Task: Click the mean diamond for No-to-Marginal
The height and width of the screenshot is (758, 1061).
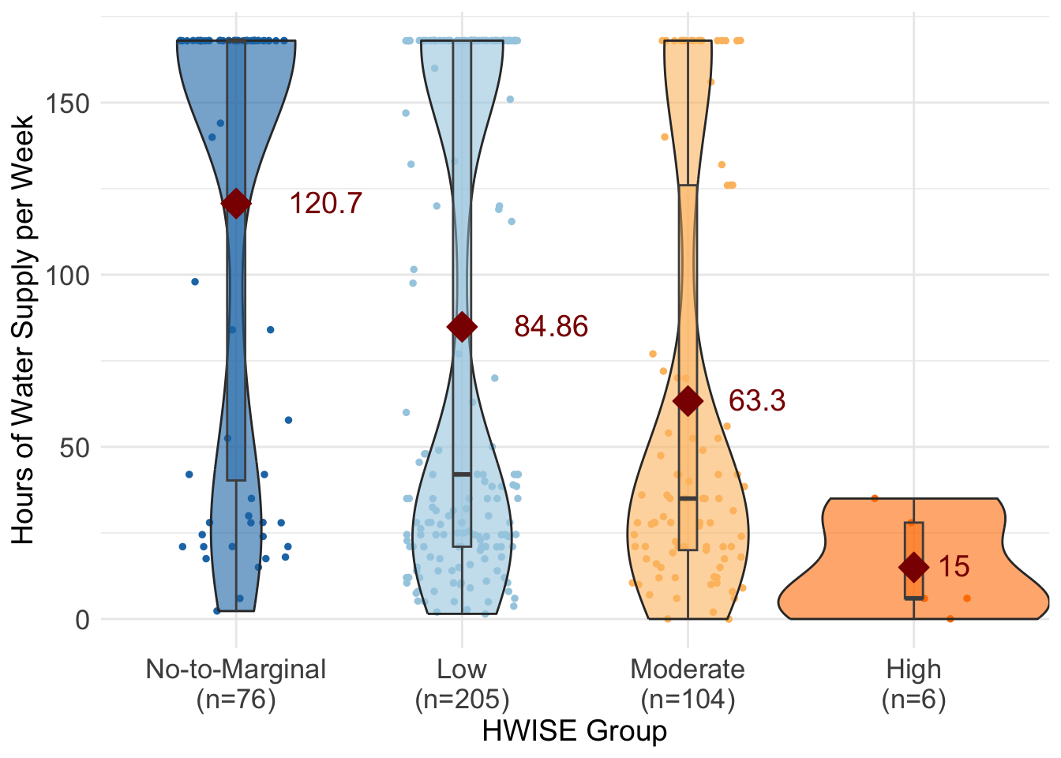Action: [235, 203]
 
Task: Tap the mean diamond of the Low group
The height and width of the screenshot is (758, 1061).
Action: [462, 327]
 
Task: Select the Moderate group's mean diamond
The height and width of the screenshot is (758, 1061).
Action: [688, 401]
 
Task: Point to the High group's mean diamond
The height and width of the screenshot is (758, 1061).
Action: [913, 567]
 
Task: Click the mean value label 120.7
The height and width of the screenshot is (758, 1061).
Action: [325, 204]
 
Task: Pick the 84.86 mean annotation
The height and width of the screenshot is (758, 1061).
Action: [551, 327]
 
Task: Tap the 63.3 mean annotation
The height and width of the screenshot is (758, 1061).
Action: [756, 401]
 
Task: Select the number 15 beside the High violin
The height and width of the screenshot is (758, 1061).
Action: [954, 567]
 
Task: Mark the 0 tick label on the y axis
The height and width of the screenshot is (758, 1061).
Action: [82, 620]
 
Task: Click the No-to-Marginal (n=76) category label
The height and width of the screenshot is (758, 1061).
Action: [235, 684]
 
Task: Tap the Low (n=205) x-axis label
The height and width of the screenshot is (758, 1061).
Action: [462, 684]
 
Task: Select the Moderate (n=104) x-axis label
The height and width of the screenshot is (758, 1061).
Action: [688, 684]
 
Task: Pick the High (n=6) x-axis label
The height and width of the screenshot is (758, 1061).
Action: [913, 684]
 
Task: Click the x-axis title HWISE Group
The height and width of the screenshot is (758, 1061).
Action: [575, 731]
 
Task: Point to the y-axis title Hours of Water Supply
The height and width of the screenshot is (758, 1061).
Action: [24, 329]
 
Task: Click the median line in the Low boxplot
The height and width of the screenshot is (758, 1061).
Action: [462, 475]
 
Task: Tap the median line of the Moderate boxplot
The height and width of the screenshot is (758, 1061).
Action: [688, 498]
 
